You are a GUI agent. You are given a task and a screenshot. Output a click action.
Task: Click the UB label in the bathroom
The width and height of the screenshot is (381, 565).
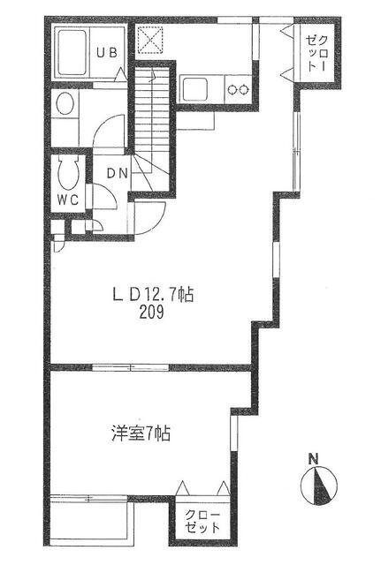107,53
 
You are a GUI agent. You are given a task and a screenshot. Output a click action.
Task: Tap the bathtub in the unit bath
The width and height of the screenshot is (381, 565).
72,52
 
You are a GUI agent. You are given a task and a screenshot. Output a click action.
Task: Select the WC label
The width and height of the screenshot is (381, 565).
68,200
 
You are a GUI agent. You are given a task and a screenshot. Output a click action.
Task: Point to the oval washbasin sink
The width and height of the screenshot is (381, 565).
65,103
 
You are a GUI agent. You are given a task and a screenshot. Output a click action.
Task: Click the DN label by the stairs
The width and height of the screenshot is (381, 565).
118,174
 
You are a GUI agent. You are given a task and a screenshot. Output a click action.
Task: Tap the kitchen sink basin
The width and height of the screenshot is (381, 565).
194,89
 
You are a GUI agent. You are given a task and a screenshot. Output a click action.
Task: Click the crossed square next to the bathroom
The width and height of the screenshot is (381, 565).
150,39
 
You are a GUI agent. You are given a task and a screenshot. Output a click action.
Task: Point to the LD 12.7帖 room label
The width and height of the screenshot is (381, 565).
153,296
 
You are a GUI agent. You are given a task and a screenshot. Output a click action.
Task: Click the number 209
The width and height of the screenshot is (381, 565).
151,312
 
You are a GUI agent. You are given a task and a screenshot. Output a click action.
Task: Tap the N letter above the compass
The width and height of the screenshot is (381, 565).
314,459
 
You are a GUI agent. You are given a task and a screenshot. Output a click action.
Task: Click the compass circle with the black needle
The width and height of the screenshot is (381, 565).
319,486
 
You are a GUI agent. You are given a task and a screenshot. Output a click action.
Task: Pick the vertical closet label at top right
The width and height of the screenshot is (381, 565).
316,53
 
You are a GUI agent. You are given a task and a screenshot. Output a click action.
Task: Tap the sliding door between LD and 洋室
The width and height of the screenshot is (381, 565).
131,367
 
